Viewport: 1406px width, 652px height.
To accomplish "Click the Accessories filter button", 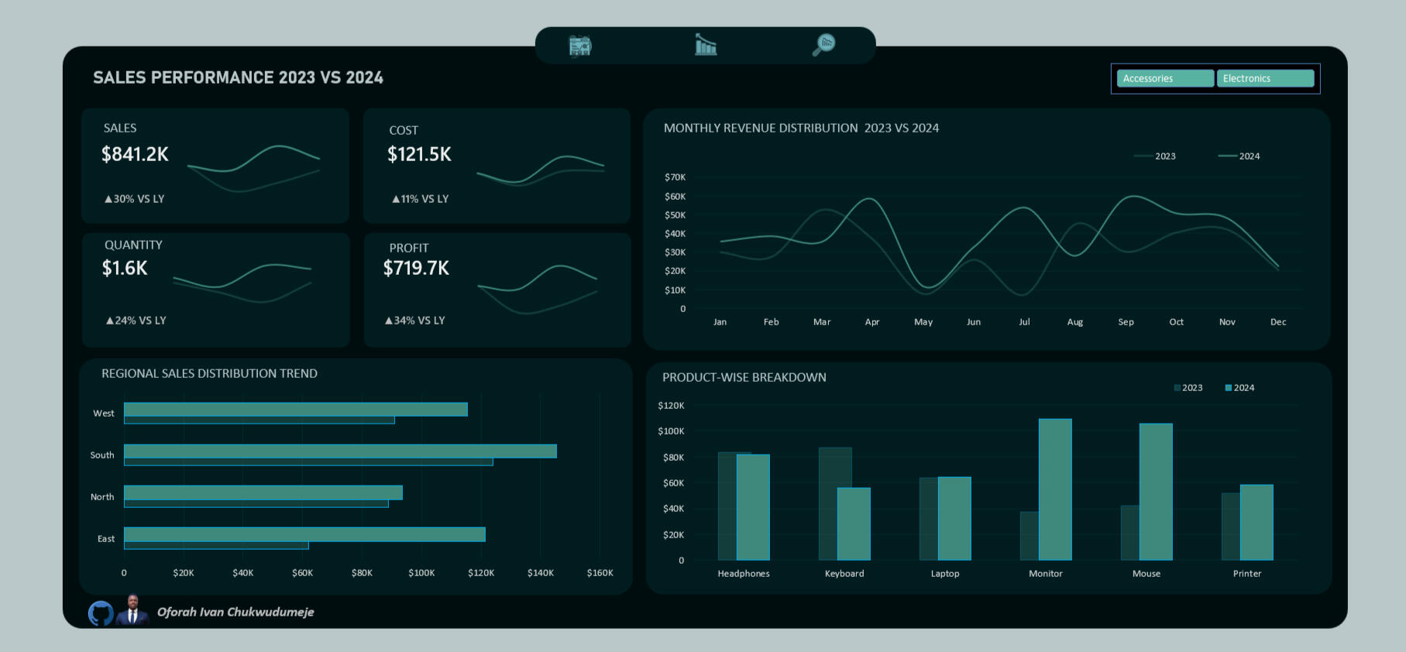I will click(1164, 78).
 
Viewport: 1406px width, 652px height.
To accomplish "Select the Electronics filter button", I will click(1264, 78).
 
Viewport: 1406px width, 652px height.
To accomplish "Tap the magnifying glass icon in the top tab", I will click(823, 45).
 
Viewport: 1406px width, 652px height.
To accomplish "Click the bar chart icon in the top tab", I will click(705, 45).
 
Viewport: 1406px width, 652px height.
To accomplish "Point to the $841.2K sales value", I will click(135, 154).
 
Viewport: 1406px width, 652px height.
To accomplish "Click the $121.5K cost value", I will click(419, 154).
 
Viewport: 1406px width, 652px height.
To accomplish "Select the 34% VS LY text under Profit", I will click(415, 320).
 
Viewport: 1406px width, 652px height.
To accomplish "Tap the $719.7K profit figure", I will click(416, 268).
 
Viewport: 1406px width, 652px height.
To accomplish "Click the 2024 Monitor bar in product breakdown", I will click(1054, 489).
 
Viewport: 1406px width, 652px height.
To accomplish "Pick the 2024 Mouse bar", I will click(1155, 492).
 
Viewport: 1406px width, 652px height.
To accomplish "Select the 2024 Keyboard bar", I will click(854, 523).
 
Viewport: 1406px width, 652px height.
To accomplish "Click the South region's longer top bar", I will click(340, 451).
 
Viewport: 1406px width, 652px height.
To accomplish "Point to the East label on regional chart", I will click(105, 539).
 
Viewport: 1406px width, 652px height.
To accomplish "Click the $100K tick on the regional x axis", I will click(421, 573).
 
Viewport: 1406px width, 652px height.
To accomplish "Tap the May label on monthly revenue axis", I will click(923, 322).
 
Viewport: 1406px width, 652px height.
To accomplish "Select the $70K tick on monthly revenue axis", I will click(675, 177).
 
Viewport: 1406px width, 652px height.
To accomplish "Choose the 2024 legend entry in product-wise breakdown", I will click(1239, 388).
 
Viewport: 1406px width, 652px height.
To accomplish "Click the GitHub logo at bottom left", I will click(101, 613).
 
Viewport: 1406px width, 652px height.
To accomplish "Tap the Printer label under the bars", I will click(1247, 574).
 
